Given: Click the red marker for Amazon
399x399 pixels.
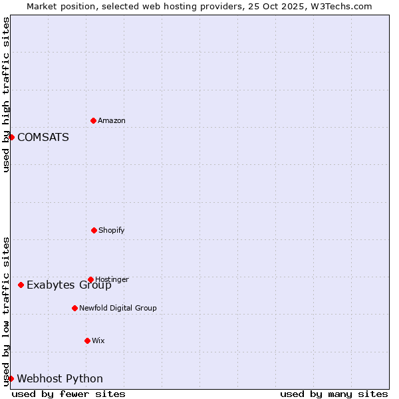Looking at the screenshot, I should (93, 120).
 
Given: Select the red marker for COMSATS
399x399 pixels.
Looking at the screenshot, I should (11, 137).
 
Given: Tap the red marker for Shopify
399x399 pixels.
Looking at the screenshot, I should (94, 230).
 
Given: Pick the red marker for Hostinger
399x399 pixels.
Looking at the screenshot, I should (90, 279).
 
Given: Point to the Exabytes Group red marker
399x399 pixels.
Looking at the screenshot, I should (21, 285).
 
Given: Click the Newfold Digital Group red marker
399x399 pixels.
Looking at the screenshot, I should (74, 308).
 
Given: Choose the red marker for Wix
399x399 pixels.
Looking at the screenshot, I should (87, 340).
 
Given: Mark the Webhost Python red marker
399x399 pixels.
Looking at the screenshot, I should (11, 378).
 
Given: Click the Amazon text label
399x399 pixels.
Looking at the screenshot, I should (112, 120).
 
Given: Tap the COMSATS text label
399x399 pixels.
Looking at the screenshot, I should (43, 137).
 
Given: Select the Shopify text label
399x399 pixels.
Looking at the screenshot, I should (112, 230).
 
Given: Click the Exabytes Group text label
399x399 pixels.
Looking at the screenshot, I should (69, 285).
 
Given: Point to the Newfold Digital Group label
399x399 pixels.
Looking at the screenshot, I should (118, 308).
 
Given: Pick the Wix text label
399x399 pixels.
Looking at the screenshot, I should (98, 340).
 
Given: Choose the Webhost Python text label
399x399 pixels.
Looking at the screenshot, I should (60, 379).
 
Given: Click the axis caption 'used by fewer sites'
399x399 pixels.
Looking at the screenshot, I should (68, 394).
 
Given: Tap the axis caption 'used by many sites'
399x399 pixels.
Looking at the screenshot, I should (334, 394).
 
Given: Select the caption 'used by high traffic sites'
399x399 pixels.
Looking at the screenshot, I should (6, 94).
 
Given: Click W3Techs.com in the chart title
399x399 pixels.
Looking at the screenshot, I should (339, 6).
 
